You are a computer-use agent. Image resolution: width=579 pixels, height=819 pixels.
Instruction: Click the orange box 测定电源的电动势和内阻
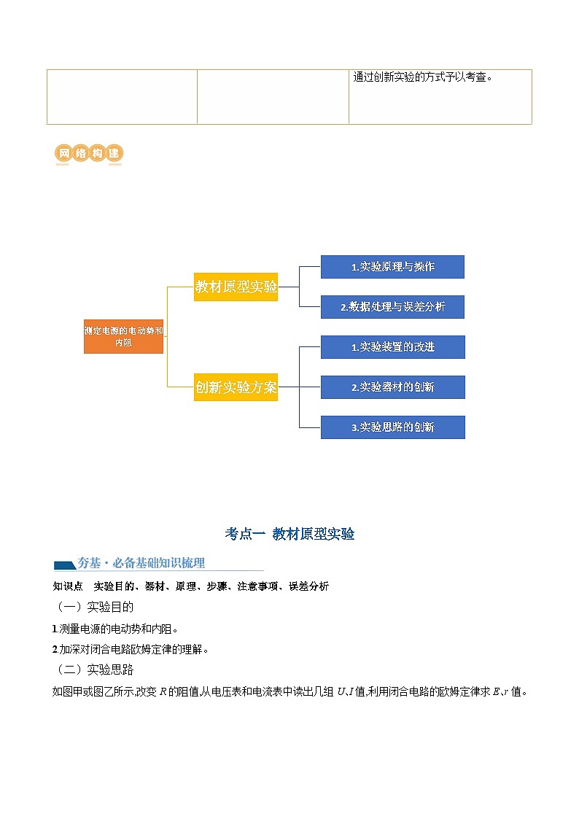tap(123, 336)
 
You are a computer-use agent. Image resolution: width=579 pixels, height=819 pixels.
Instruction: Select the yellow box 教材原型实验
tap(236, 287)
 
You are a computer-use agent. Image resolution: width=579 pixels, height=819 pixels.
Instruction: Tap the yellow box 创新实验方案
tap(236, 387)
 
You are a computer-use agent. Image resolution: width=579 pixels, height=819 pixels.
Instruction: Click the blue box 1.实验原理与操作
tap(392, 267)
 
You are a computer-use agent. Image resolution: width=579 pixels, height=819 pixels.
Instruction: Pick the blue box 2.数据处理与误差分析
tap(392, 307)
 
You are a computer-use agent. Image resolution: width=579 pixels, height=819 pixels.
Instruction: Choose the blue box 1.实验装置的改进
tap(392, 347)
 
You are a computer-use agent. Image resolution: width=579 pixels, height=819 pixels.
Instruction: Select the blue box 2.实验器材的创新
tap(392, 387)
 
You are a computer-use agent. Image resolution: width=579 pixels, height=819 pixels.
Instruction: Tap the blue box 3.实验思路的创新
tap(392, 427)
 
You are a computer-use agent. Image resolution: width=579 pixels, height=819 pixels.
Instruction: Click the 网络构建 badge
tap(88, 154)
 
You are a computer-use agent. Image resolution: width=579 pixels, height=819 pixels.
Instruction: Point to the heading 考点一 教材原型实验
tap(289, 534)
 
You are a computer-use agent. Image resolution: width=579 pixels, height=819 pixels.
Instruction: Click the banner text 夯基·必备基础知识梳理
tap(141, 563)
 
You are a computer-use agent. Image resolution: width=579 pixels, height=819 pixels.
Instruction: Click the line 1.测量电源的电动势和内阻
tap(115, 628)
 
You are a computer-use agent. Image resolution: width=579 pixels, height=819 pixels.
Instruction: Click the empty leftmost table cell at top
tap(122, 97)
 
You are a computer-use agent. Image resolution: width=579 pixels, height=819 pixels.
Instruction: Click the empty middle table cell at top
tap(273, 97)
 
